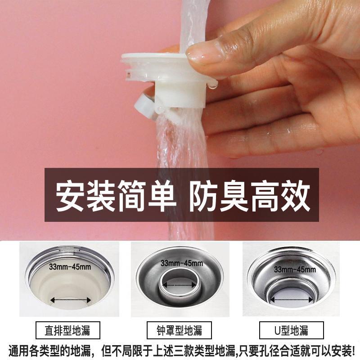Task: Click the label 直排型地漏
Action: pyautogui.click(x=67, y=330)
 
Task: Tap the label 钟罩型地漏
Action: pyautogui.click(x=179, y=330)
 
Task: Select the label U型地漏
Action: pyautogui.click(x=291, y=330)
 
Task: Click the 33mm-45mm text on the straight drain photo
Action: pyautogui.click(x=70, y=267)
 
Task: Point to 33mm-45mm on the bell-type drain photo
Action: pyautogui.click(x=182, y=263)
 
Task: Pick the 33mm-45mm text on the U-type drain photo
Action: pyautogui.click(x=295, y=269)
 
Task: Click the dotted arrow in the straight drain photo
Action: pyautogui.click(x=71, y=300)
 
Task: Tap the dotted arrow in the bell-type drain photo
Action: pyautogui.click(x=179, y=285)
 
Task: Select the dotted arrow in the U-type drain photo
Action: pyautogui.click(x=292, y=300)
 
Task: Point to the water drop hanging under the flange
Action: pyautogui.click(x=213, y=85)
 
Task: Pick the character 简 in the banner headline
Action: pyautogui.click(x=132, y=196)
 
